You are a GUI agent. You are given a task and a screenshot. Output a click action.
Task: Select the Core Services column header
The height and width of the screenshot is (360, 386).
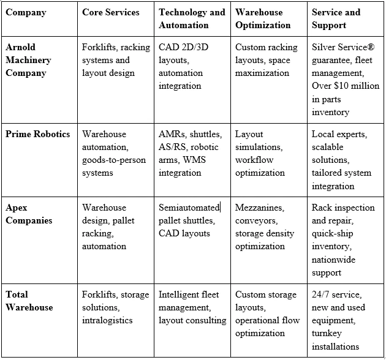110,12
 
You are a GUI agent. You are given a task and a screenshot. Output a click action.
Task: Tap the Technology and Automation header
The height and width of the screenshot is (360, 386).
192,19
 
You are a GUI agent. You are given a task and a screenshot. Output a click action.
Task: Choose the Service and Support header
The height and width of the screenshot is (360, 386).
337,19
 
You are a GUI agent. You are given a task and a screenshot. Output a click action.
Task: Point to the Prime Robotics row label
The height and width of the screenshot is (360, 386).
38,134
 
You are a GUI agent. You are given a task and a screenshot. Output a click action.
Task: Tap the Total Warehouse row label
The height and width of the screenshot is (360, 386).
29,301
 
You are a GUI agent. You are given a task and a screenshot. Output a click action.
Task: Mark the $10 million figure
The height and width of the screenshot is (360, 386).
358,86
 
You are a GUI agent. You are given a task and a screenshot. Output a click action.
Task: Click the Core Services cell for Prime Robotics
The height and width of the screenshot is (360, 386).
108,153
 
